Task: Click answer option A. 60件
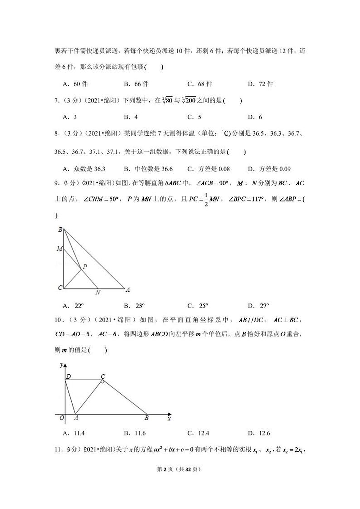point(75,84)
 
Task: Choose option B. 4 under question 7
point(130,117)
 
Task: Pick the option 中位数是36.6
point(148,169)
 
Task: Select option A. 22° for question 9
point(75,305)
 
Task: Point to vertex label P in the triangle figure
point(85,267)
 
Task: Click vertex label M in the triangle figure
point(59,249)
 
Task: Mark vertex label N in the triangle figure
point(98,293)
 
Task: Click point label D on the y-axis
point(68,376)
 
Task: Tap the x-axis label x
point(169,418)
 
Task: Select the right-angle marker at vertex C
point(103,382)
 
